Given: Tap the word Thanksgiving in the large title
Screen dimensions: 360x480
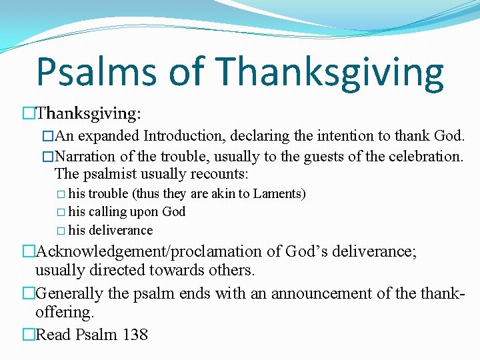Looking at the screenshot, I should [330, 71].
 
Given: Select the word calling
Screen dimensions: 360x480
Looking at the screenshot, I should [110, 212].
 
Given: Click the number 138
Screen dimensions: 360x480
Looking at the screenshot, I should [135, 334].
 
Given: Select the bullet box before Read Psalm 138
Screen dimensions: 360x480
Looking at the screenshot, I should [28, 334].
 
